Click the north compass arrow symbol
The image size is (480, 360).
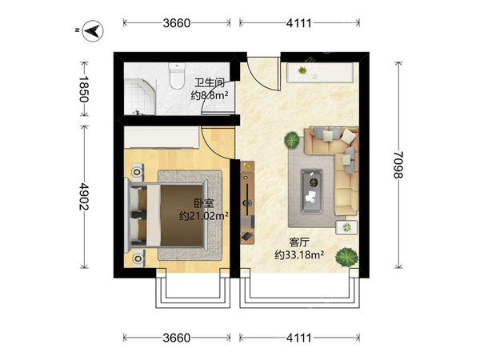[93, 30]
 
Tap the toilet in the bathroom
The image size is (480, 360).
[177, 76]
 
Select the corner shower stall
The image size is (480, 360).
[140, 97]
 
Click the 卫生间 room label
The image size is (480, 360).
[210, 82]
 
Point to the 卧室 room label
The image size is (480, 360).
[204, 203]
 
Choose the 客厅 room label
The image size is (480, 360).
[299, 242]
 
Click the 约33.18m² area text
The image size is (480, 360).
[299, 254]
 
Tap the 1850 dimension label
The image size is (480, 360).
[83, 89]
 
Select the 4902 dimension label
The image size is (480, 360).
[83, 197]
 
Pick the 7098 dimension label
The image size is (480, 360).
[398, 165]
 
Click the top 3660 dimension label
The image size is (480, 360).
[177, 23]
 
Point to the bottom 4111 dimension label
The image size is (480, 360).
[298, 338]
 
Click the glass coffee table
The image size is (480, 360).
[312, 191]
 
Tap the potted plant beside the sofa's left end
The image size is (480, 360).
[292, 140]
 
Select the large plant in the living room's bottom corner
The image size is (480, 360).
[346, 257]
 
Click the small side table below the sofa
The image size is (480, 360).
[347, 227]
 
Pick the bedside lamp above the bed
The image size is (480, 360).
[137, 172]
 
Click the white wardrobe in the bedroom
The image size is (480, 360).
[162, 138]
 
